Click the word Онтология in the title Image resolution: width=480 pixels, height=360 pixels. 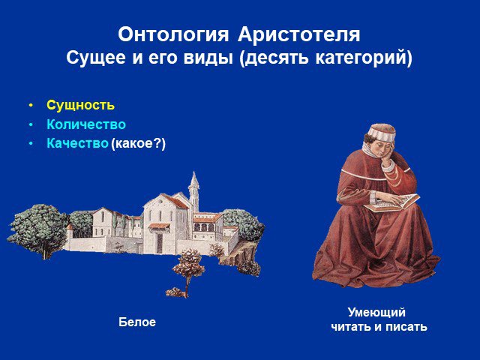[x=173, y=34]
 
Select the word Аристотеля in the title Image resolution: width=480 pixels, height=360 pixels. [x=298, y=34]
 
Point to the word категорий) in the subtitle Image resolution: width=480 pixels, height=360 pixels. [x=364, y=58]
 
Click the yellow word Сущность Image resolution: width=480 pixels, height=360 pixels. [x=80, y=105]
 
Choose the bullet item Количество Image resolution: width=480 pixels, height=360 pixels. [x=86, y=124]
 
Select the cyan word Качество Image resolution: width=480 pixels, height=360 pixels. [x=77, y=143]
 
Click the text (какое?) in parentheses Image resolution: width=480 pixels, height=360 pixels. [x=138, y=143]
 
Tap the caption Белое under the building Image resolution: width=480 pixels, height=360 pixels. [x=137, y=322]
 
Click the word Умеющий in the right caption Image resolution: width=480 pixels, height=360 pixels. [x=376, y=313]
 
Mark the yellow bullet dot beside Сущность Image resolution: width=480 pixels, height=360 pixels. [x=30, y=106]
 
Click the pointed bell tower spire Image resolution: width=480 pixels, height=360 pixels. [x=193, y=180]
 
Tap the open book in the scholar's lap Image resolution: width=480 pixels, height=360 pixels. [x=391, y=203]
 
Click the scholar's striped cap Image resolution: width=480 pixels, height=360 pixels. [x=382, y=132]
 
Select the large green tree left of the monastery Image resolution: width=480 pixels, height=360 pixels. [x=38, y=229]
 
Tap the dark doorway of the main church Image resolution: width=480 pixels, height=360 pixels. [x=160, y=243]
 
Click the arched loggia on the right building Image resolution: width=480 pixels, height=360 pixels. [x=204, y=227]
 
